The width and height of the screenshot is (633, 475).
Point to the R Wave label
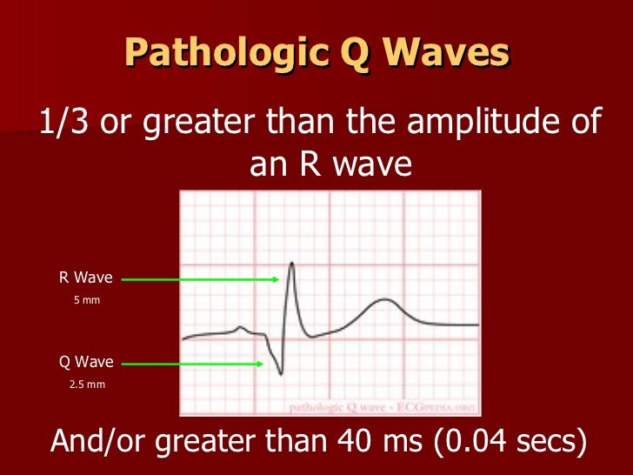click(85, 278)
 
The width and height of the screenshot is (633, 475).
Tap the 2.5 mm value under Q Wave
click(86, 383)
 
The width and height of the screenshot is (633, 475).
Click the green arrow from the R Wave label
click(200, 279)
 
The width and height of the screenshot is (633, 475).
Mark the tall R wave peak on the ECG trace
click(291, 264)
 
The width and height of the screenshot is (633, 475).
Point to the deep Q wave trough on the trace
click(280, 373)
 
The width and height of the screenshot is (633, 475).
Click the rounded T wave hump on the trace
click(383, 301)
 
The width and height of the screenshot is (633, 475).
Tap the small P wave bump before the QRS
click(243, 328)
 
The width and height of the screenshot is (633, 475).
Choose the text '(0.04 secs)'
click(513, 442)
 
